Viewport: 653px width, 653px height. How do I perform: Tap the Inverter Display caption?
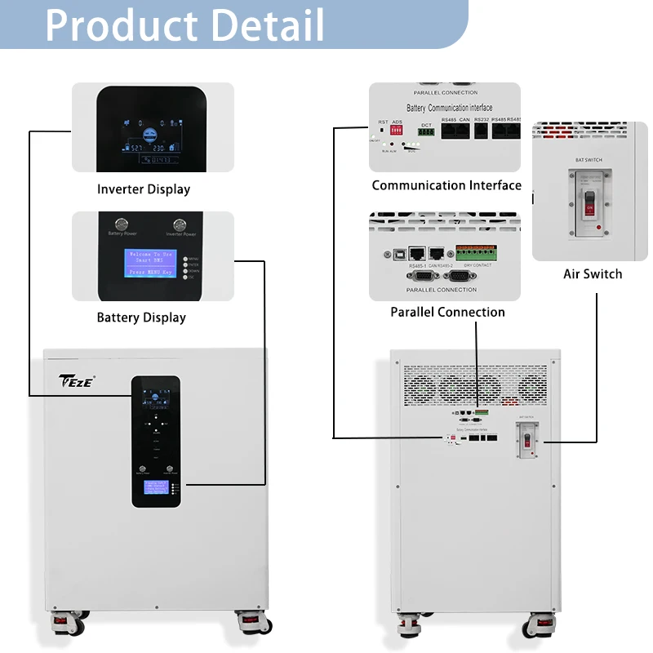(144, 189)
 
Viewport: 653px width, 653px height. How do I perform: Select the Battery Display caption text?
(141, 318)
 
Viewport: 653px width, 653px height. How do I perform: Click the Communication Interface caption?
(446, 185)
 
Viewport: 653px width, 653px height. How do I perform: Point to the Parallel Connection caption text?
(447, 312)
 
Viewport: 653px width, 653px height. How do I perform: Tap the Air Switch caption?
(593, 273)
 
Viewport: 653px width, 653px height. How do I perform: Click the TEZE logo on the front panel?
(78, 381)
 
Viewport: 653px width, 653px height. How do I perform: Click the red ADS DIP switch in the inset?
(398, 131)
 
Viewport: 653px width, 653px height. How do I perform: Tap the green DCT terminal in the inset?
(425, 131)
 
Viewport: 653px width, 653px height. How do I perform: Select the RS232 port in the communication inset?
(480, 134)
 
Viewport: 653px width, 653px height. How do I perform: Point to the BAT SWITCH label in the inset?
(589, 160)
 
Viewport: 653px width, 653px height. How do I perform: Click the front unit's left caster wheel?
(63, 625)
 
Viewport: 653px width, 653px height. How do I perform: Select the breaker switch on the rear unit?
(528, 441)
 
